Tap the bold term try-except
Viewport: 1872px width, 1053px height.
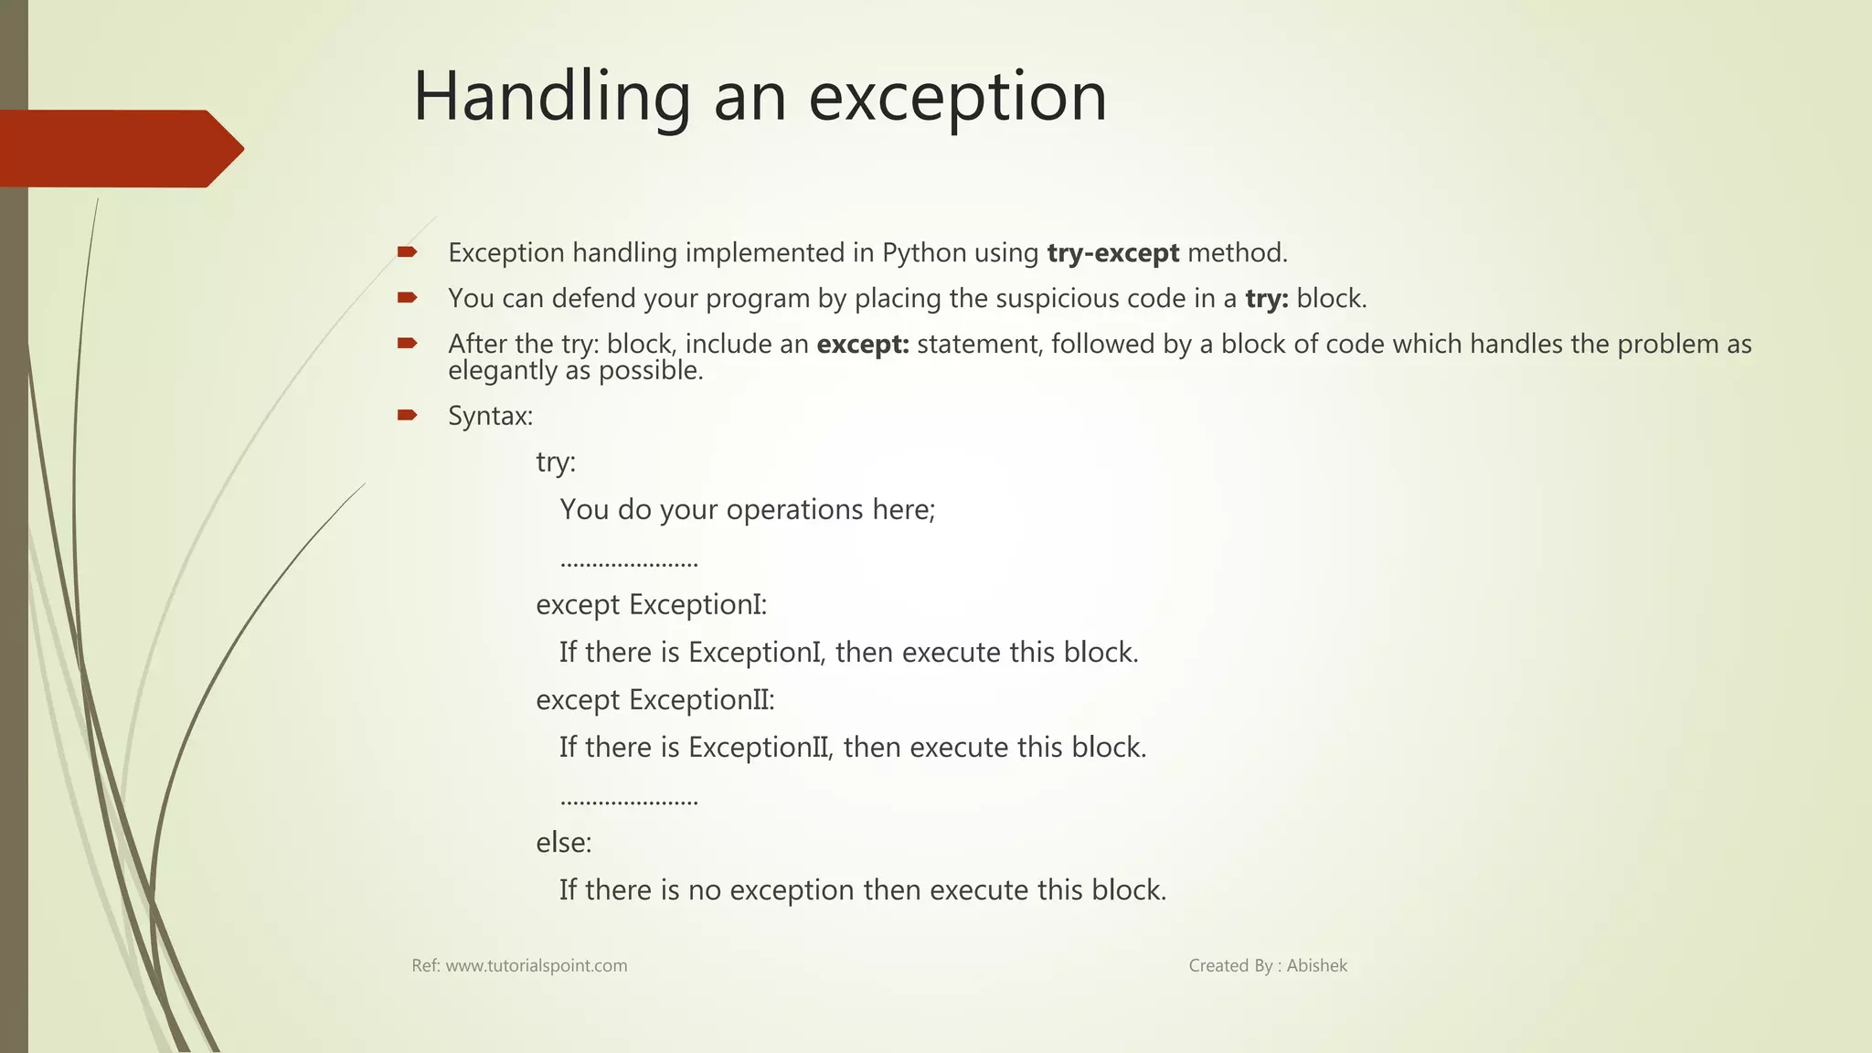click(x=1112, y=253)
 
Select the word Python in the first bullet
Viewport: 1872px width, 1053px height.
click(x=924, y=253)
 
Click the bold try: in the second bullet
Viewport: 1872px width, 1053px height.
click(x=1266, y=299)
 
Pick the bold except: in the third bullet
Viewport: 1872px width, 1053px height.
click(x=862, y=345)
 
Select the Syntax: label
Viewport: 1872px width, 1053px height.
click(x=490, y=417)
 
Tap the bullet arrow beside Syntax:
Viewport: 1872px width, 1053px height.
click(x=407, y=416)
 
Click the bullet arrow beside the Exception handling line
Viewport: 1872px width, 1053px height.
click(x=407, y=251)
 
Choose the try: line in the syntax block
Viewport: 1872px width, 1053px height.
click(x=556, y=463)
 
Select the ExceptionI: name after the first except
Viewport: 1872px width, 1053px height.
click(x=697, y=605)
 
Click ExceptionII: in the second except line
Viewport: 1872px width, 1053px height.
click(x=701, y=700)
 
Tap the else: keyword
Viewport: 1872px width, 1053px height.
click(x=563, y=843)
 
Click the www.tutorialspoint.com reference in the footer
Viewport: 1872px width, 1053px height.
click(x=536, y=966)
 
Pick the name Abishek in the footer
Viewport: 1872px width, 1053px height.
click(x=1316, y=966)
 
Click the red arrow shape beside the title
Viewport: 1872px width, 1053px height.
click(x=119, y=149)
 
